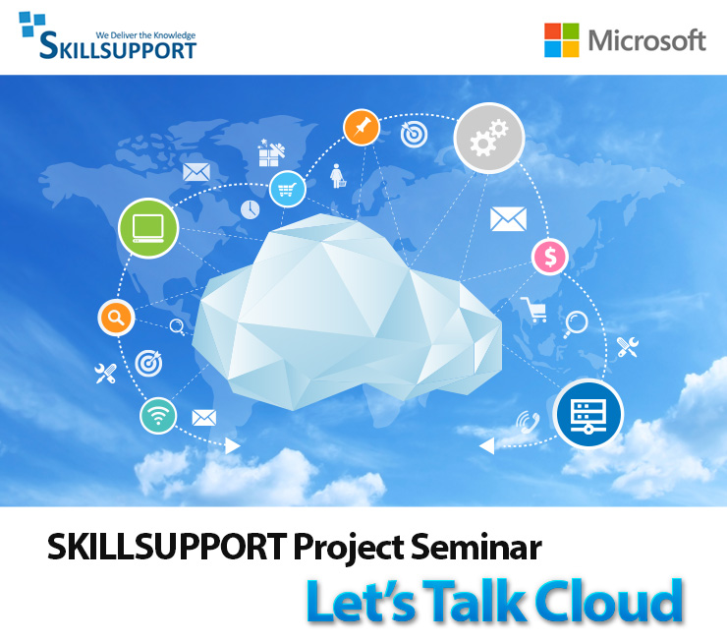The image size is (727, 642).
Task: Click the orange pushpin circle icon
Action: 362,127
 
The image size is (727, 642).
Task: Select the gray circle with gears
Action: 488,139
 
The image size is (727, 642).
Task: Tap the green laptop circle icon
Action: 148,228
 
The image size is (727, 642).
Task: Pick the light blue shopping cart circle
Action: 288,189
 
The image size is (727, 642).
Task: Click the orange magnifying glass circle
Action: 116,318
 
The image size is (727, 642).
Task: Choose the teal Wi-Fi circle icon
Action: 158,415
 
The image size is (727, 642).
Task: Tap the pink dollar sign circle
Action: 550,257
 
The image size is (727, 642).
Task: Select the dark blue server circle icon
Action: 587,414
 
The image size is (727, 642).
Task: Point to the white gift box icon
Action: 271,152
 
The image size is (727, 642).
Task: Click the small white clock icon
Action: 250,209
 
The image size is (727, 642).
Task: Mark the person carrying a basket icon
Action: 338,176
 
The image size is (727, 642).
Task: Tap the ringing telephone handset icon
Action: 529,422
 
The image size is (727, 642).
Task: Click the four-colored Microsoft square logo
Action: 562,40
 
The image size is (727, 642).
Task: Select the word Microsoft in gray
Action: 647,40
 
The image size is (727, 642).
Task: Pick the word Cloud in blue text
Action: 609,601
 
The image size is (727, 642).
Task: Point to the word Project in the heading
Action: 349,549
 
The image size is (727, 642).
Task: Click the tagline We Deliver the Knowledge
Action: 145,35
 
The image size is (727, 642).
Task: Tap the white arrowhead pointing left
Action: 487,446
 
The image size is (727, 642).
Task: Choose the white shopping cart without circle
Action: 533,310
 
